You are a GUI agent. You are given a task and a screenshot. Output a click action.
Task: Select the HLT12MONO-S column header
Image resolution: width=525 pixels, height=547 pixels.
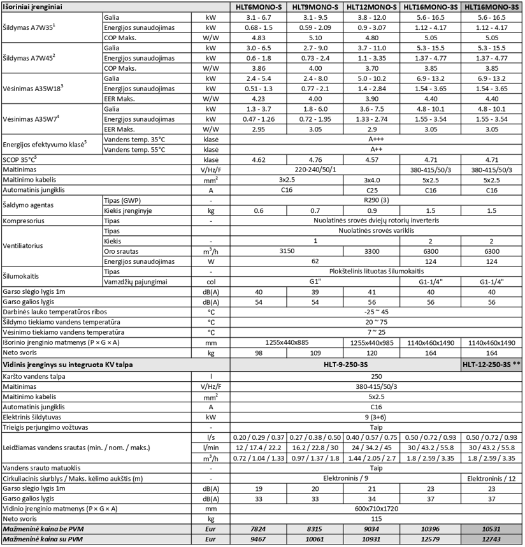tap(371, 7)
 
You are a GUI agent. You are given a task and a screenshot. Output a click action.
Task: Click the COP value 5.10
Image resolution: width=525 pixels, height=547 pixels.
tap(315, 38)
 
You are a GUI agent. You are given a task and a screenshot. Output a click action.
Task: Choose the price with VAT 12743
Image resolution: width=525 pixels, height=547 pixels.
tap(489, 541)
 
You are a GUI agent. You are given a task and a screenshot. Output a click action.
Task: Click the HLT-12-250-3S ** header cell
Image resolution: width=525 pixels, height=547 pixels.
tap(489, 365)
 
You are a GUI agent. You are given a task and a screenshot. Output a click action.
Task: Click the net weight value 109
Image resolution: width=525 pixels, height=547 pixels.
tap(315, 352)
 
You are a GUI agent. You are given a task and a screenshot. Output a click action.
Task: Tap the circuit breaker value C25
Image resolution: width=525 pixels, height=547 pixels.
tap(371, 190)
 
